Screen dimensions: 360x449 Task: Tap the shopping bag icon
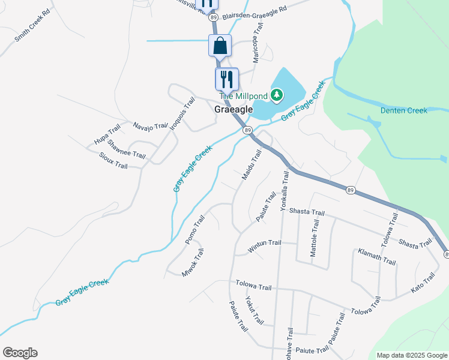coord(220,46)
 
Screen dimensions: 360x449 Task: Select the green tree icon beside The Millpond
coord(276,95)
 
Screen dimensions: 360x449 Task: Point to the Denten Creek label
coord(403,110)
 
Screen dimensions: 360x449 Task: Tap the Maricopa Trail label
coord(257,44)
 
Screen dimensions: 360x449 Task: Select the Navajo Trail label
coord(149,126)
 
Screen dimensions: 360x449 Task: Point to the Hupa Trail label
coord(107,134)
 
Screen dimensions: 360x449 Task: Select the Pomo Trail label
coord(195,229)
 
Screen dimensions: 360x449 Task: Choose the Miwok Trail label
coord(193,263)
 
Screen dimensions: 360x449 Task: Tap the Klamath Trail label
coord(377,257)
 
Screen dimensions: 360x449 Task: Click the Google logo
coord(20,353)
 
